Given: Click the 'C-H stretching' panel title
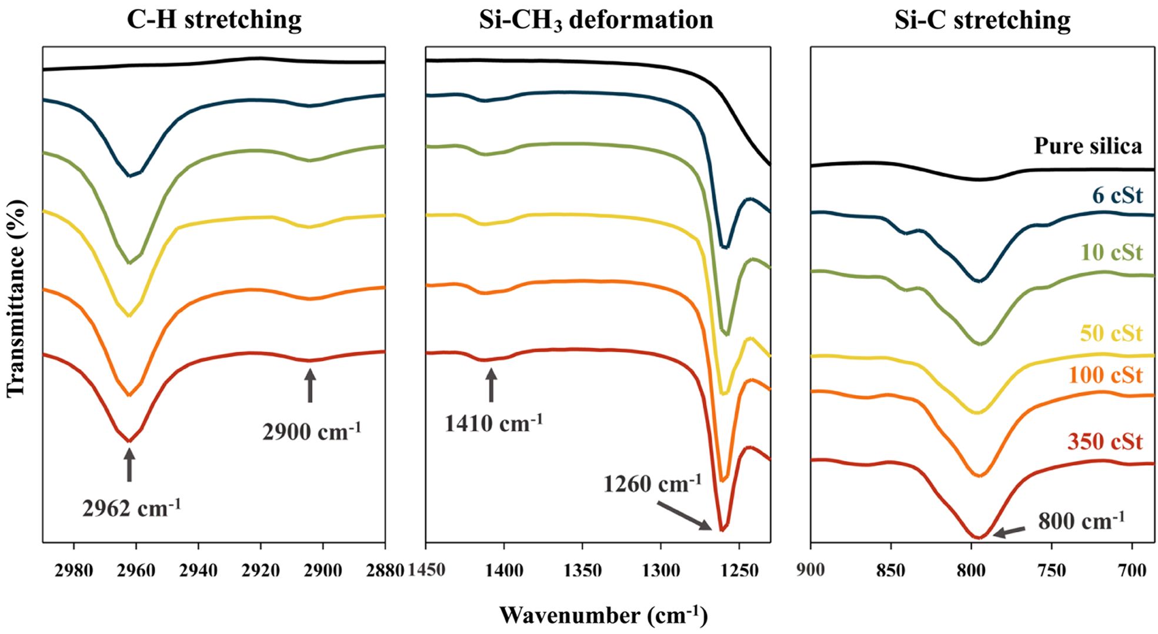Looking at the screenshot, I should click(214, 20).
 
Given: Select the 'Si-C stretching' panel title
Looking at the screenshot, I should click(982, 20).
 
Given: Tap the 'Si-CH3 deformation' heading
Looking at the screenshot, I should click(596, 21).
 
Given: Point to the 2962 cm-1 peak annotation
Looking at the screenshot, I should click(131, 508).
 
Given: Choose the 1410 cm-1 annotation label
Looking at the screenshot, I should click(493, 423).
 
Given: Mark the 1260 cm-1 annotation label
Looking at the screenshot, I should click(653, 484).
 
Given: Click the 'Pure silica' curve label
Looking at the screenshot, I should click(1088, 146).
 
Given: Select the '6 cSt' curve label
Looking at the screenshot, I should click(1117, 195).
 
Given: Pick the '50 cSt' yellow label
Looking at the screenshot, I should click(1111, 333).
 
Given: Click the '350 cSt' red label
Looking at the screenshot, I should click(1105, 442).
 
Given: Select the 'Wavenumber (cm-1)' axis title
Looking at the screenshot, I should click(603, 616).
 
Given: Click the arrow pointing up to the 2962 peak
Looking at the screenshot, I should click(129, 465).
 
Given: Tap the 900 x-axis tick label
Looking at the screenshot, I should click(811, 570).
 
